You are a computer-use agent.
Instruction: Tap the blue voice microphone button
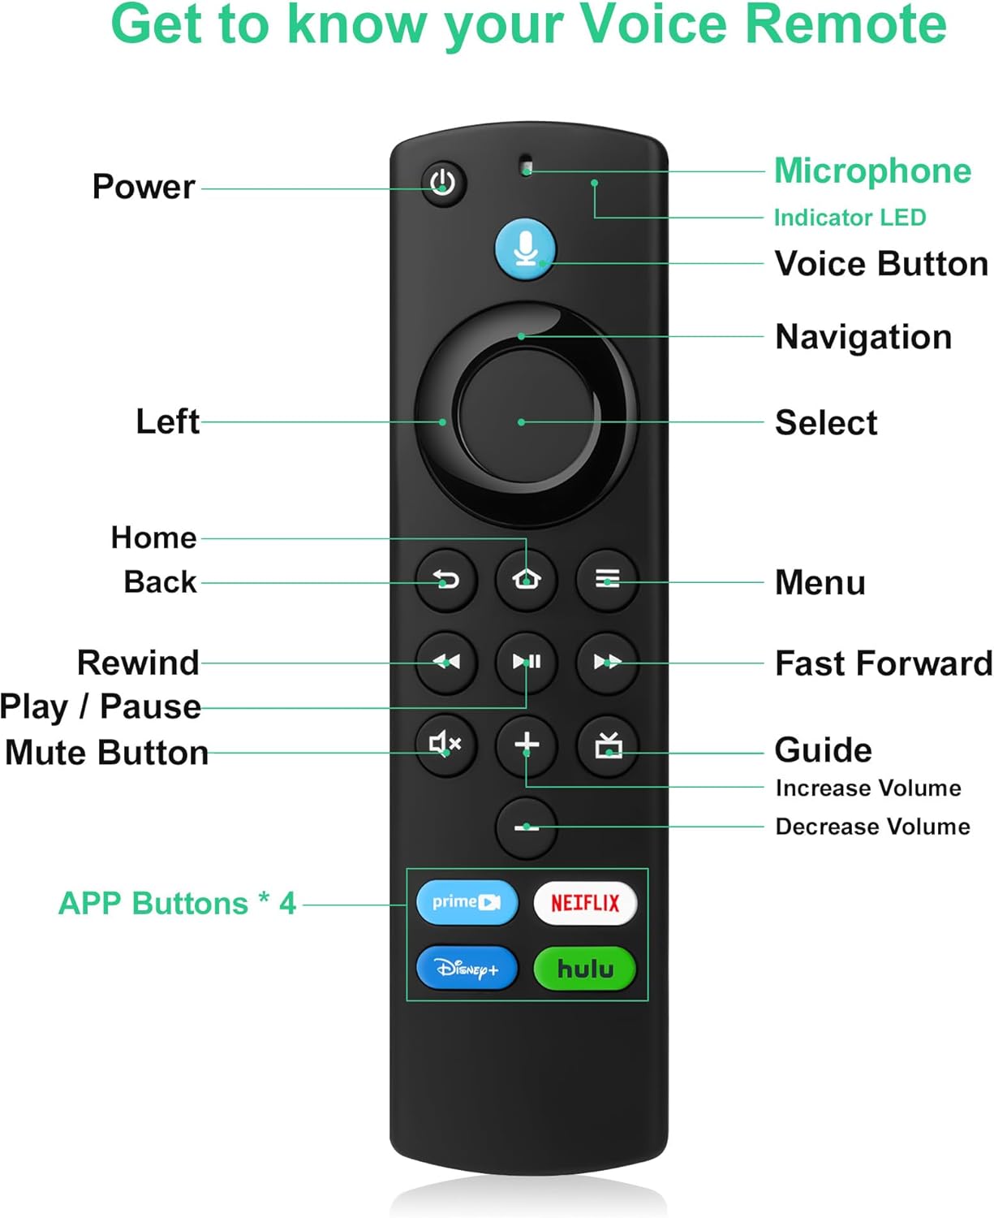[525, 249]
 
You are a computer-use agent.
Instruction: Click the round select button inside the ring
[525, 416]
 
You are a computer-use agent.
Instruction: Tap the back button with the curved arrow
[446, 579]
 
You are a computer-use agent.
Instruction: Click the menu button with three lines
[607, 579]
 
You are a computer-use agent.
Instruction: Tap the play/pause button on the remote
[527, 662]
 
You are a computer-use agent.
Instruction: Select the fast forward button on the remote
[607, 662]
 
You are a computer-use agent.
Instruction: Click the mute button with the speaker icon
[446, 744]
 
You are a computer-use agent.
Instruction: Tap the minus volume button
[527, 827]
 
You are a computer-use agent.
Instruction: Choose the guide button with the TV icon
[608, 745]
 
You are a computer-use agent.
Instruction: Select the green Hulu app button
[585, 969]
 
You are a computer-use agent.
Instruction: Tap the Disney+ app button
[467, 969]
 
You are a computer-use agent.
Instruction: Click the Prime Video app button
[467, 903]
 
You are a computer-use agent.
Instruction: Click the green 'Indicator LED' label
[850, 218]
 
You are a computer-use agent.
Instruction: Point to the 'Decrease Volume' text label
[872, 827]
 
